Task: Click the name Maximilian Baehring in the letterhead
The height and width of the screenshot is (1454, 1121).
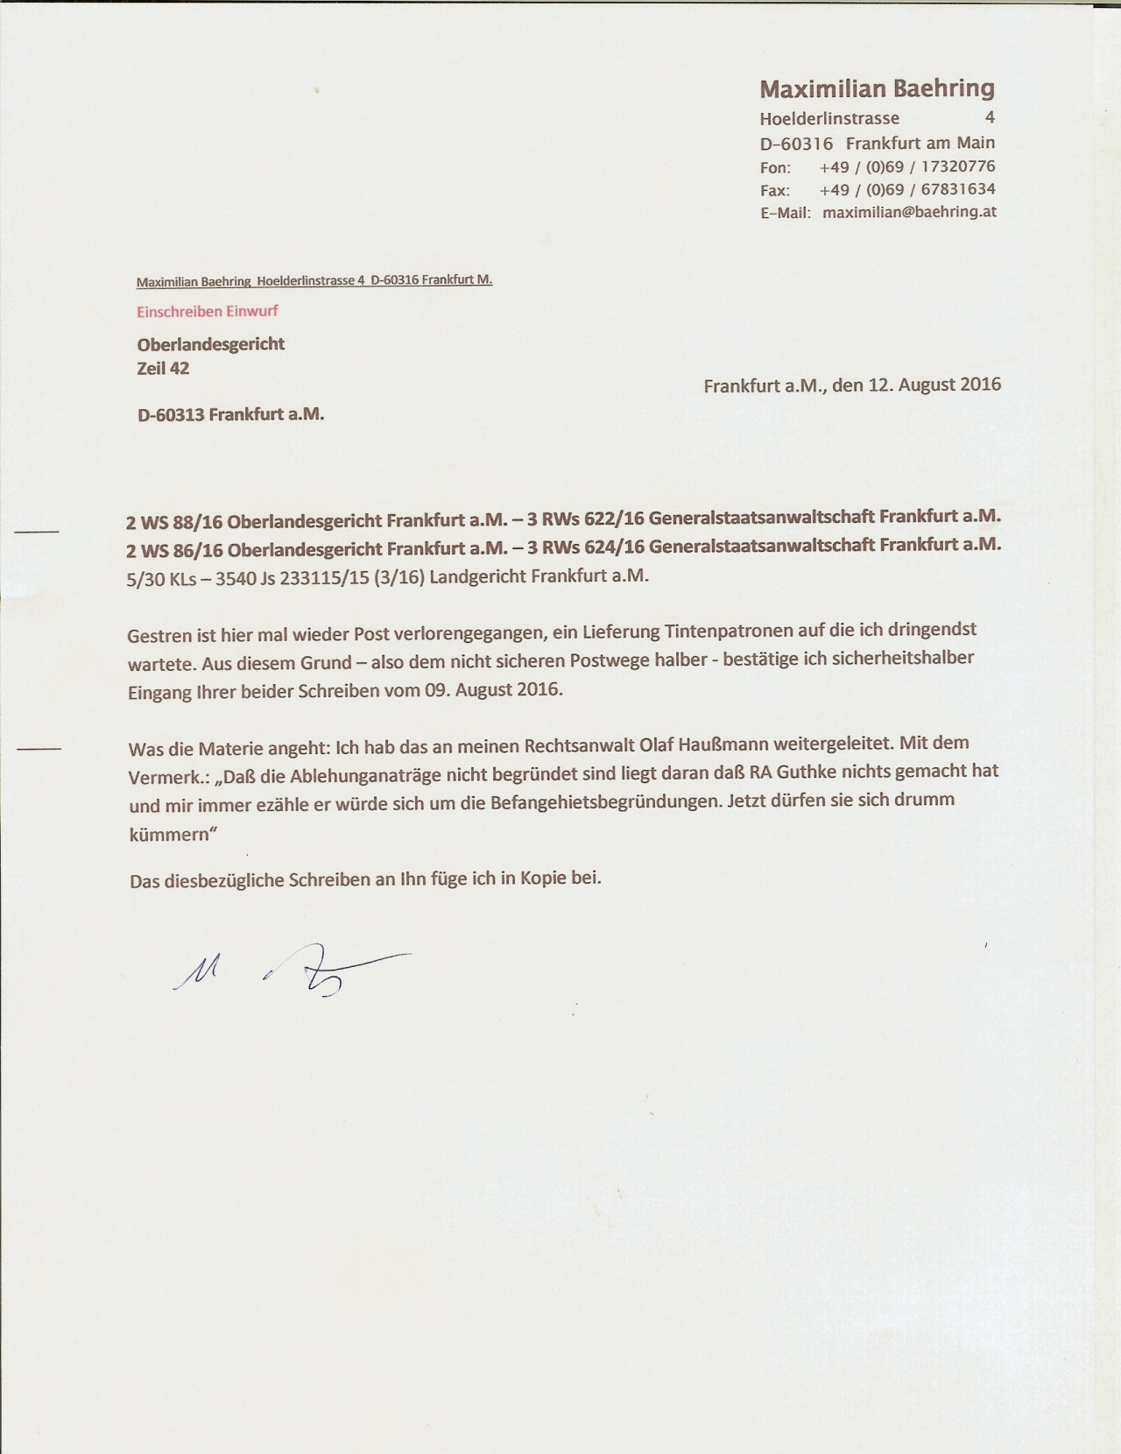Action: click(877, 88)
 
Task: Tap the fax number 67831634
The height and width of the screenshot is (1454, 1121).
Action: click(958, 189)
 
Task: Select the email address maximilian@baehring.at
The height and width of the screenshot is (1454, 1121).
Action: click(910, 212)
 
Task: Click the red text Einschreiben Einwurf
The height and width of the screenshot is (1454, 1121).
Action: click(208, 311)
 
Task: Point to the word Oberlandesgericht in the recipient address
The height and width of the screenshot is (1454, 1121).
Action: click(211, 344)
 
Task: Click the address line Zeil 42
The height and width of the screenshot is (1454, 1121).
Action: click(163, 369)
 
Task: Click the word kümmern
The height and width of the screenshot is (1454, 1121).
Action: click(169, 834)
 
